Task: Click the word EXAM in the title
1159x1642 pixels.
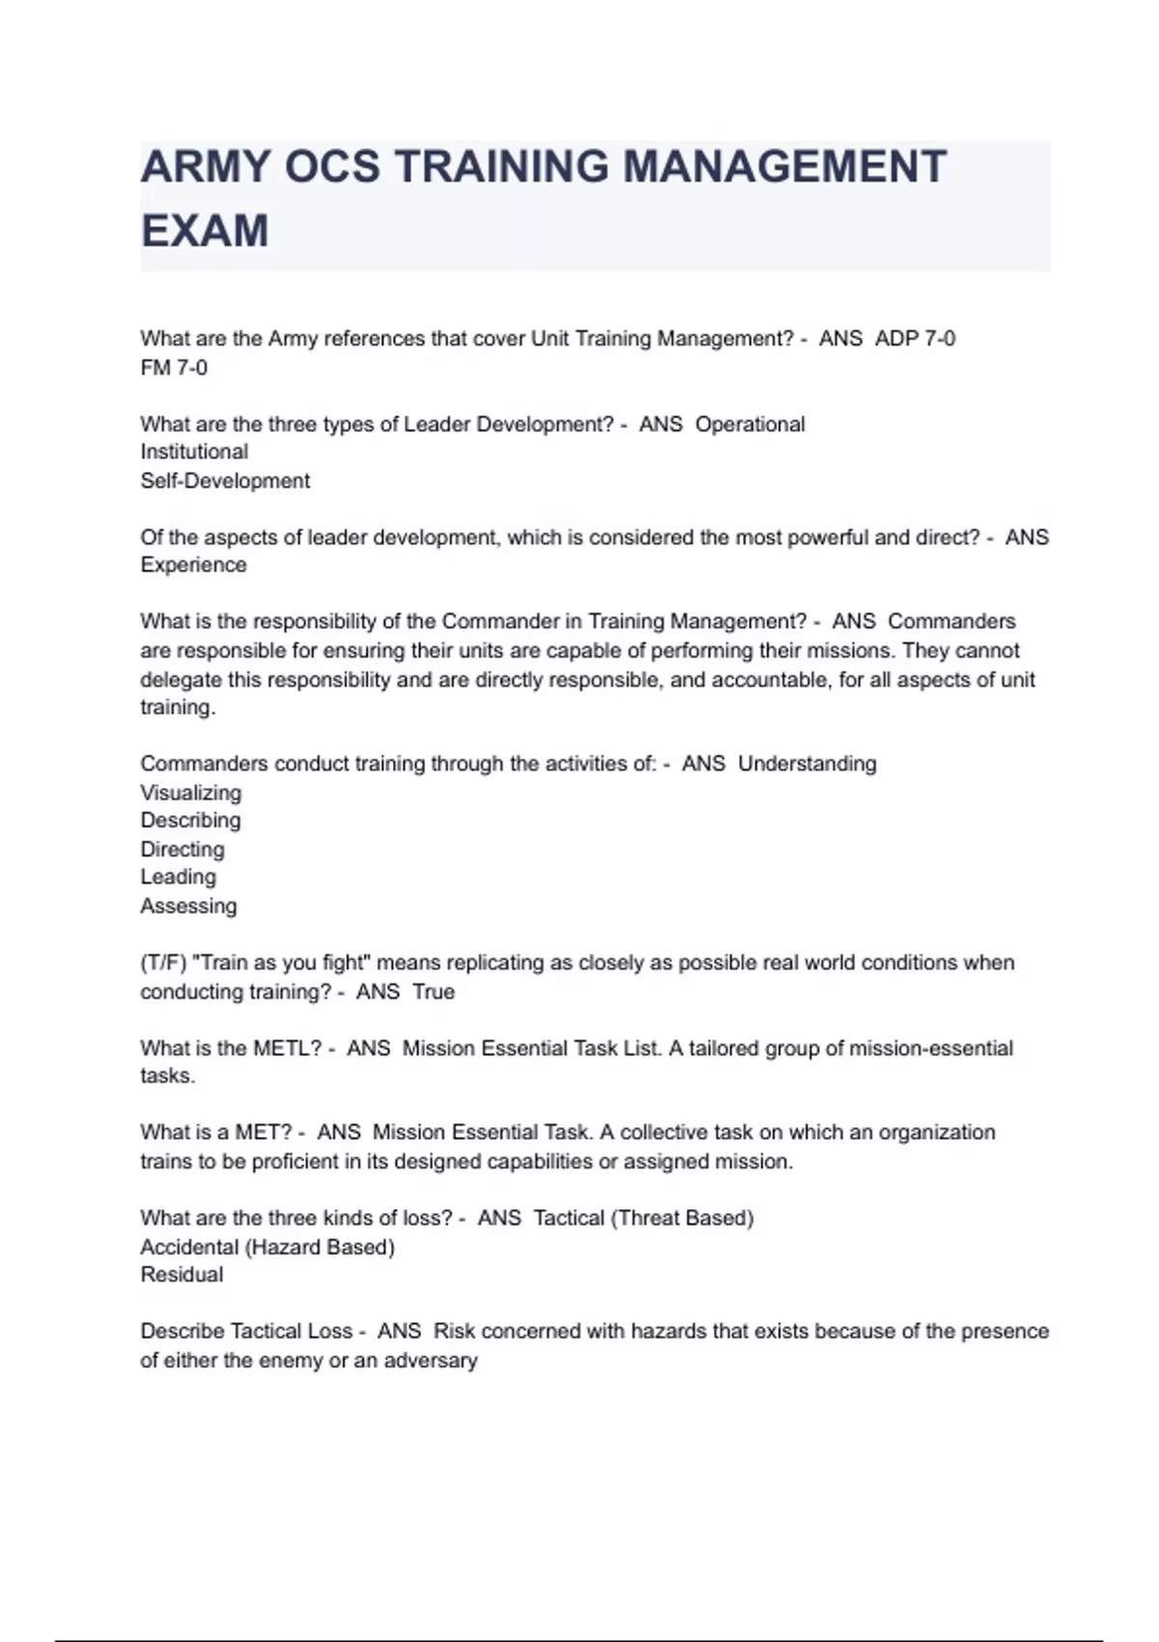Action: [205, 232]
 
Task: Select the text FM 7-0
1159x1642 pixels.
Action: [174, 368]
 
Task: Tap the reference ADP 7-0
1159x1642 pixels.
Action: [915, 339]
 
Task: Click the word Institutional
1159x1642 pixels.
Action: [194, 452]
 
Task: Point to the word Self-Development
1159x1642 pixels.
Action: [225, 481]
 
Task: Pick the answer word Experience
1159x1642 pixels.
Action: [193, 565]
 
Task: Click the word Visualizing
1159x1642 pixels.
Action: [191, 793]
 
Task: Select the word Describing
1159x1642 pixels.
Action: [190, 821]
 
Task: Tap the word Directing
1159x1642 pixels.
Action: [183, 850]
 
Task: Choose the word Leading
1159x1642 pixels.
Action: [179, 877]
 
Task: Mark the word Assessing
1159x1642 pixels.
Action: [188, 906]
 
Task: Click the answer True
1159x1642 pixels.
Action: [434, 992]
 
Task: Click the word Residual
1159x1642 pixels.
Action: [182, 1275]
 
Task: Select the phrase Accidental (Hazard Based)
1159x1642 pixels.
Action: [268, 1247]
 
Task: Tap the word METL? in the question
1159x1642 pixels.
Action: [288, 1049]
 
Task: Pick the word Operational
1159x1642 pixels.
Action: [750, 425]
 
